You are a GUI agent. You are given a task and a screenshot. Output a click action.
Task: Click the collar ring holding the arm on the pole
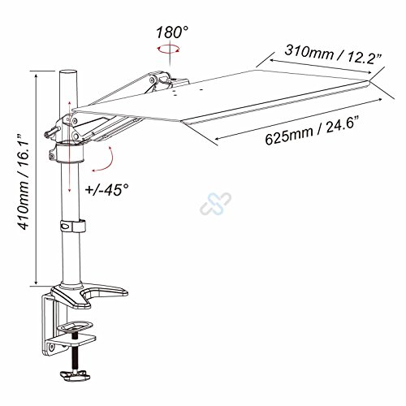coord(67,154)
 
